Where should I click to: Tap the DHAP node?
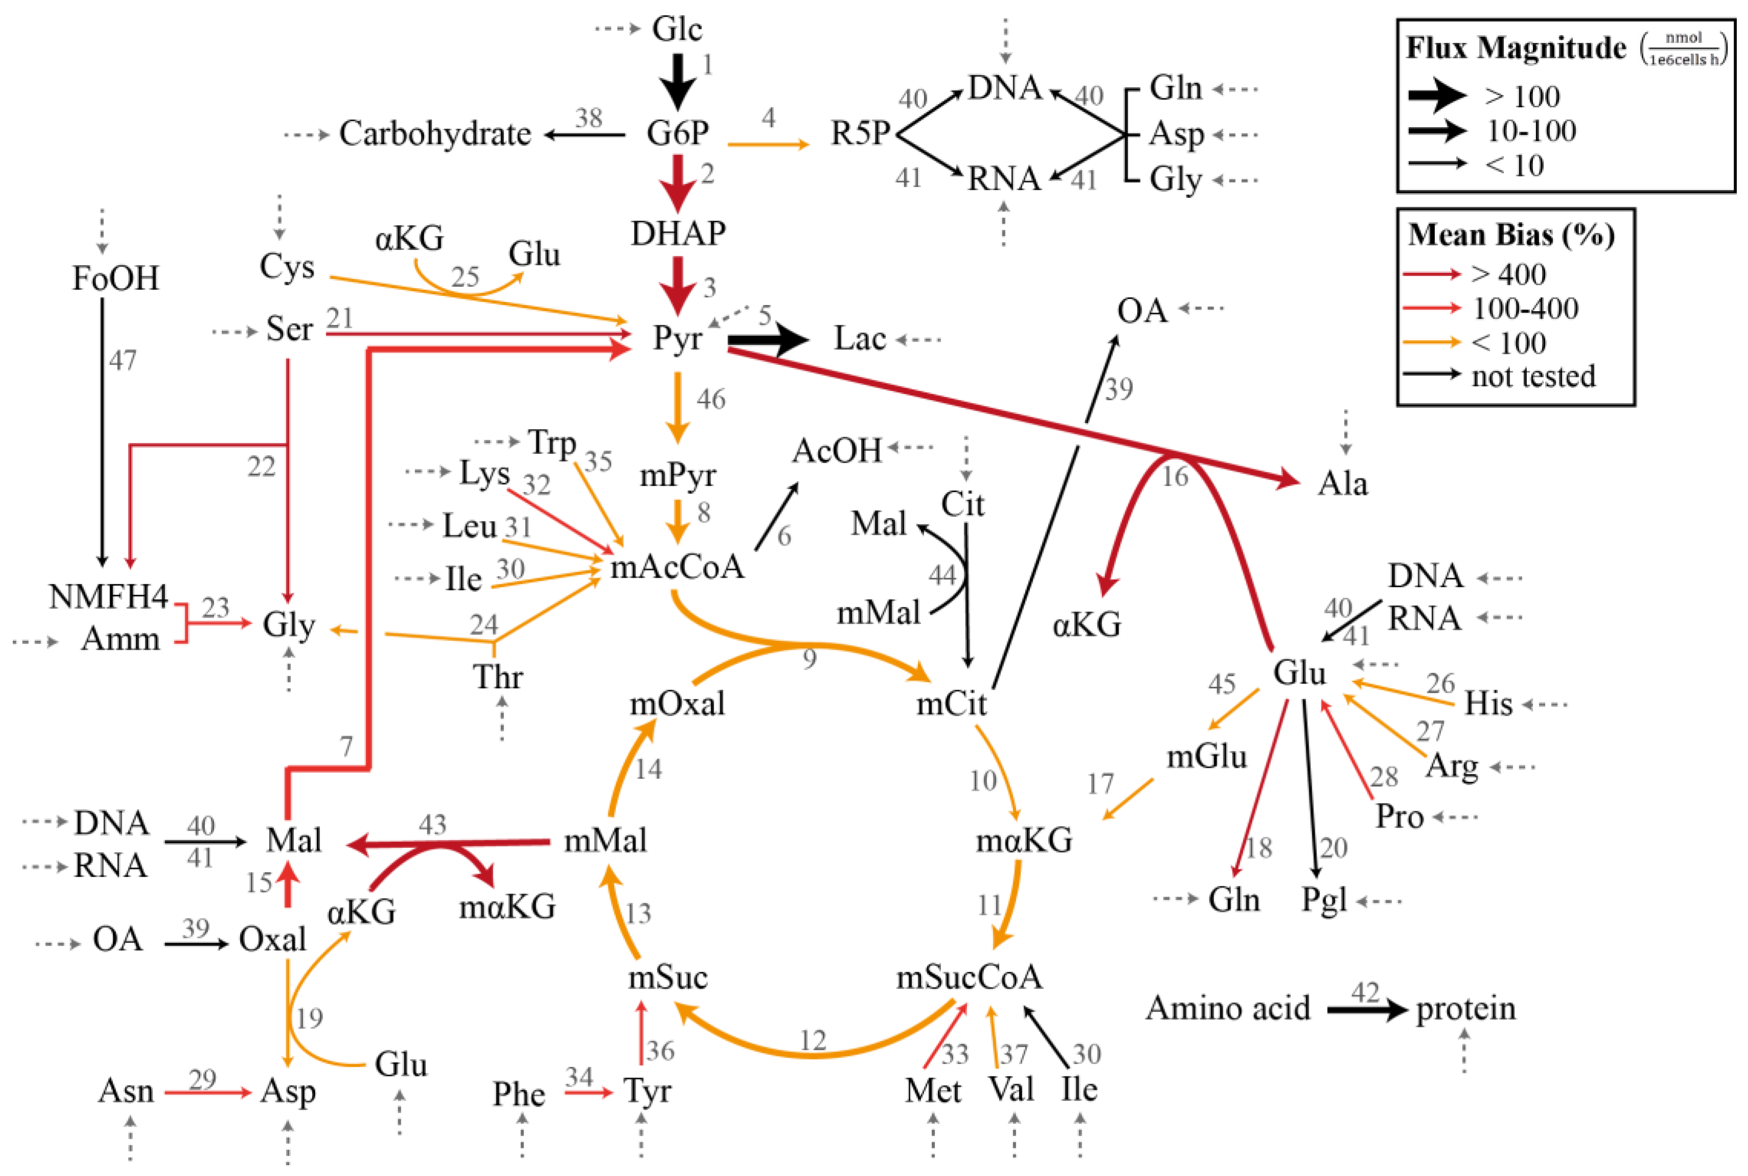tap(678, 233)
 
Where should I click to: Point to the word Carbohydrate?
tap(435, 134)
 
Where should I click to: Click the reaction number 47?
tap(122, 361)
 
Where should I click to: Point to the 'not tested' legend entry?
tap(1533, 377)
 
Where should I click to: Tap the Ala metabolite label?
tap(1342, 484)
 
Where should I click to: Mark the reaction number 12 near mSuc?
tap(813, 1040)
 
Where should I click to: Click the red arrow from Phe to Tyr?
tap(588, 1093)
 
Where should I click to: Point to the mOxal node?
tap(677, 703)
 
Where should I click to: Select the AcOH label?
tap(837, 451)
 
